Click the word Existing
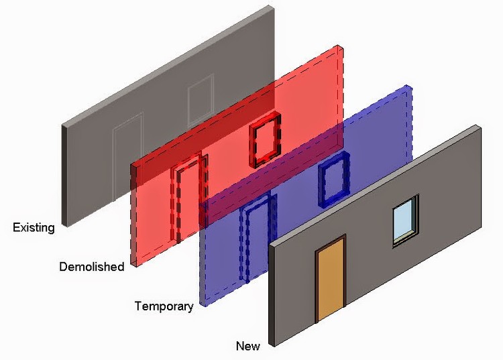(34, 228)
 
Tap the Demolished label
(92, 267)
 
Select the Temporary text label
(164, 306)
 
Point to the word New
(247, 346)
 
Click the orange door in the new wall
(331, 279)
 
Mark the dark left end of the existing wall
(64, 176)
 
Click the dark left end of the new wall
(272, 294)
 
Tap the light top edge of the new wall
(376, 185)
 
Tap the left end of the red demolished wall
(133, 215)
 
